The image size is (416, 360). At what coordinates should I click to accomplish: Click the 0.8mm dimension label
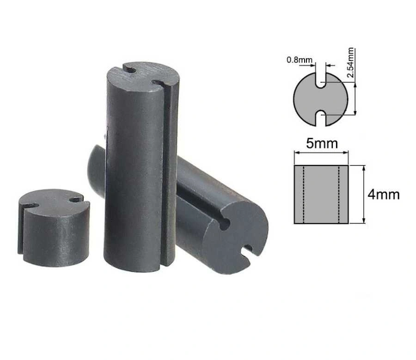pos(299,60)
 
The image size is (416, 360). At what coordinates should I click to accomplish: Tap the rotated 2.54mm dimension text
pos(350,62)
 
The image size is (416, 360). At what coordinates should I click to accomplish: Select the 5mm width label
pos(322,144)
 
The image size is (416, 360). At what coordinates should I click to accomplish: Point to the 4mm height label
pos(383,195)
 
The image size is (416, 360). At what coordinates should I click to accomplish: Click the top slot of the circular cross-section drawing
pos(320,79)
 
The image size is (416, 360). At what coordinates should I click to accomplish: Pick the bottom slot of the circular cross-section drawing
pos(320,118)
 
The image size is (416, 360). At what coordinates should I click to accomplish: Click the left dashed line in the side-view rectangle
pos(304,194)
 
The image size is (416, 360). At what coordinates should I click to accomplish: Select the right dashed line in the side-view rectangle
pos(339,194)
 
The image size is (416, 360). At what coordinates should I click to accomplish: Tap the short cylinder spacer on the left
pos(54,228)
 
